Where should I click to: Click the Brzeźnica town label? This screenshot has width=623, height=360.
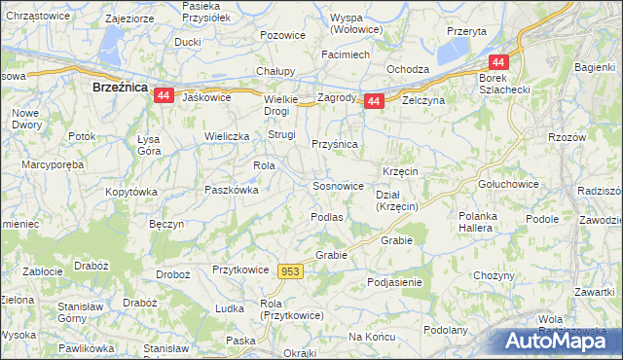(119, 87)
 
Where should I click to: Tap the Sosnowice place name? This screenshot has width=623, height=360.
(338, 185)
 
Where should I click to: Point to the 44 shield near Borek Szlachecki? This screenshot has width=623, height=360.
(495, 60)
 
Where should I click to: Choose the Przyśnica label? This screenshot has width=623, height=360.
(335, 144)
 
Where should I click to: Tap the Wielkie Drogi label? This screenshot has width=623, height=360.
(284, 104)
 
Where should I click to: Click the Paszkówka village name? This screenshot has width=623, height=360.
(231, 190)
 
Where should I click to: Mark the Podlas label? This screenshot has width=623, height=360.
(326, 217)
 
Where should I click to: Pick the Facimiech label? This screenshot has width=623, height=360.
(345, 54)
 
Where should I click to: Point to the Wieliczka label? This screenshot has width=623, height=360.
(228, 136)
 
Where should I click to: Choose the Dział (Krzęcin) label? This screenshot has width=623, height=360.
(397, 200)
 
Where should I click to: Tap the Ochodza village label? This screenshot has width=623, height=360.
(408, 69)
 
